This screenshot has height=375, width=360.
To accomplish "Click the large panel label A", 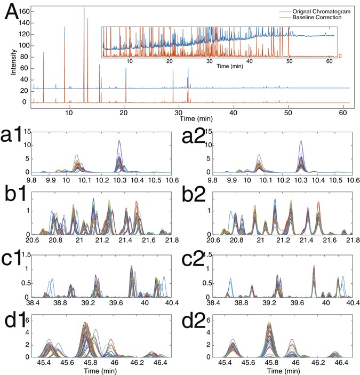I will pyautogui.click(x=14, y=12).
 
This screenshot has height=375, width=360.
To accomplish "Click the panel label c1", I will pyautogui.click(x=14, y=261).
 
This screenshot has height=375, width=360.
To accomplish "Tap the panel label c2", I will pyautogui.click(x=190, y=261).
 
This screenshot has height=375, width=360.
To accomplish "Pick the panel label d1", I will pyautogui.click(x=14, y=322).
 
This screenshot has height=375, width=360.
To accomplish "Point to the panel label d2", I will pyautogui.click(x=190, y=322).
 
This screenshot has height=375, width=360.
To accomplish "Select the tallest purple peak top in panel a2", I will pyautogui.click(x=301, y=141).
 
